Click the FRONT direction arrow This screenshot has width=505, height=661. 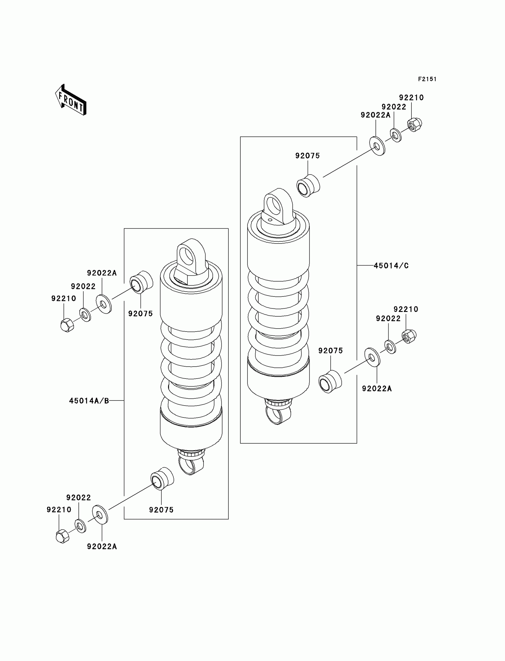[x=71, y=100]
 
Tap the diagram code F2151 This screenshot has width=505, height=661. [x=427, y=79]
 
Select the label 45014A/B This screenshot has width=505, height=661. [x=89, y=401]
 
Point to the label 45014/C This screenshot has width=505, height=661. [x=391, y=266]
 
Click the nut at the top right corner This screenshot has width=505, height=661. [x=414, y=125]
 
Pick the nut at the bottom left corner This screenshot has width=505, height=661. [x=62, y=536]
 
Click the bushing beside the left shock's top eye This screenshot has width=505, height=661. [x=141, y=282]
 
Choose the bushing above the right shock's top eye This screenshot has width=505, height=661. [x=308, y=185]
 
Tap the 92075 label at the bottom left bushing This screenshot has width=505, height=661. [x=161, y=510]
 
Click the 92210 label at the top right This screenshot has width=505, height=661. [x=411, y=98]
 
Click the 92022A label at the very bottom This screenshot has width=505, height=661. [x=102, y=546]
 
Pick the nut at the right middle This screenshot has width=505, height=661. [x=409, y=336]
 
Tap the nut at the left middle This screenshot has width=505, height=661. [x=67, y=325]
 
